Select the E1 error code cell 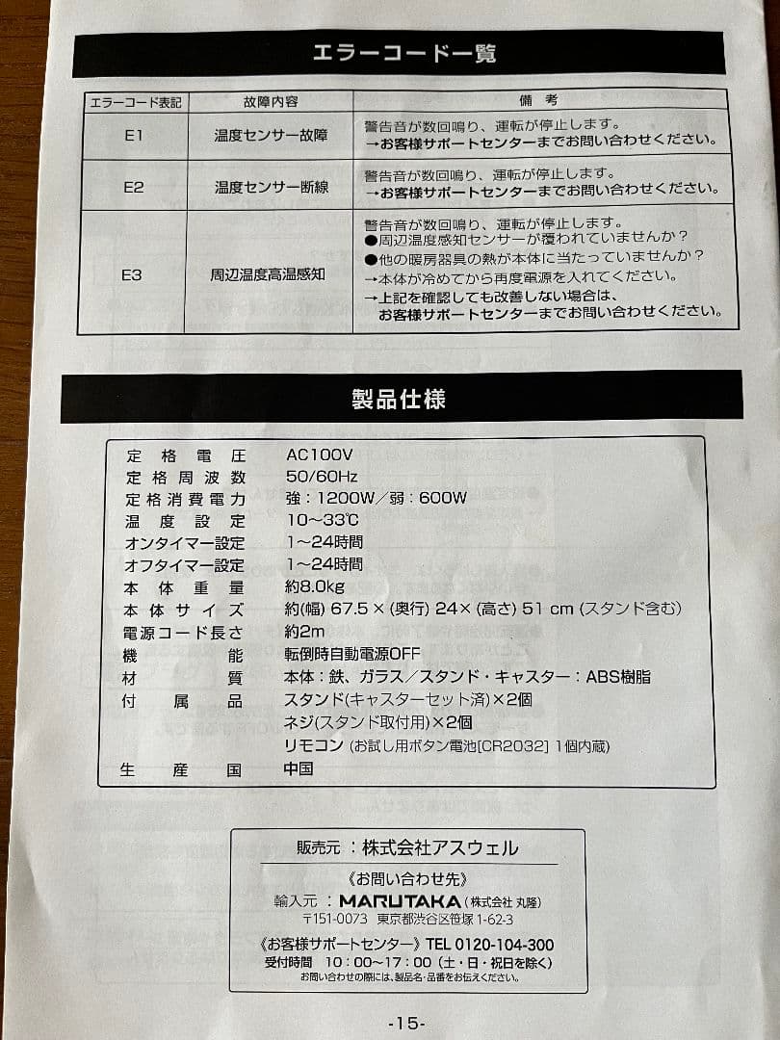134,136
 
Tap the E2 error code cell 133,187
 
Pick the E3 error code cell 132,274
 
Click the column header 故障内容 271,101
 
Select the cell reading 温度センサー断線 271,187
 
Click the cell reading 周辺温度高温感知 268,274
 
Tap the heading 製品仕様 400,397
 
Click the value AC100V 319,455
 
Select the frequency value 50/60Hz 322,477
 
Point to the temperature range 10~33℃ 323,521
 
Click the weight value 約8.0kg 314,587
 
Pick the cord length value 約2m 304,633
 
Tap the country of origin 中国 299,768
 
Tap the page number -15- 406,1023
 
